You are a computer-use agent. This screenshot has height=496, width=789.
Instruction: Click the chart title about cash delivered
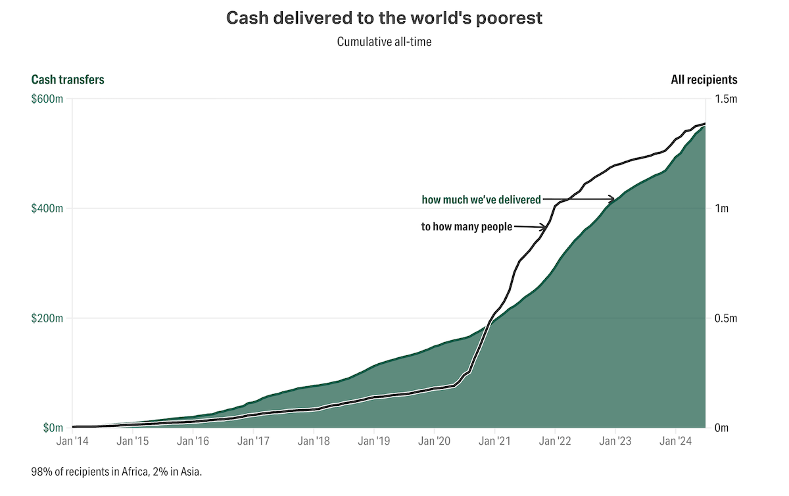click(385, 18)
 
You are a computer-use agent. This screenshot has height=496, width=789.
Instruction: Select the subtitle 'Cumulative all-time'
click(385, 41)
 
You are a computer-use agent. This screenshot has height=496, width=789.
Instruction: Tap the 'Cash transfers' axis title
click(68, 80)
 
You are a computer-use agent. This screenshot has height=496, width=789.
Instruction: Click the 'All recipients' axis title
click(704, 80)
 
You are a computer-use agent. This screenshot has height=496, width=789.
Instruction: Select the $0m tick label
click(53, 428)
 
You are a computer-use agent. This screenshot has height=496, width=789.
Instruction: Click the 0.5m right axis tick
click(725, 318)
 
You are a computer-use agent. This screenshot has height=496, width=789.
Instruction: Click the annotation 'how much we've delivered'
click(481, 199)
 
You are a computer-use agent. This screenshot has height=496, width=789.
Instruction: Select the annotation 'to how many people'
click(466, 227)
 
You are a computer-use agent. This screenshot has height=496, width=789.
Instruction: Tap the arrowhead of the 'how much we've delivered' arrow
click(612, 199)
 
